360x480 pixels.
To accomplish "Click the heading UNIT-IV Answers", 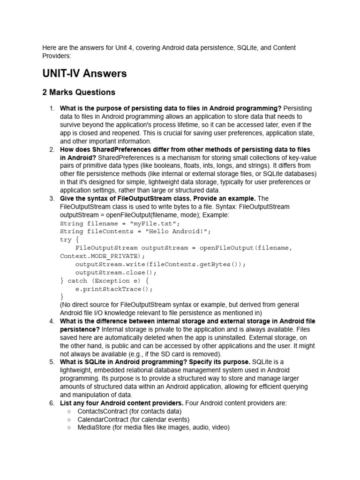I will (84, 74).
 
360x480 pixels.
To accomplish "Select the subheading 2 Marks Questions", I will (79, 92).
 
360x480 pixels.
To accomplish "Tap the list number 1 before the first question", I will (52, 108).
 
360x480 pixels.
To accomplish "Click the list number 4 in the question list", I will (52, 321).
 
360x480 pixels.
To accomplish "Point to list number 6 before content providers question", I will (52, 403).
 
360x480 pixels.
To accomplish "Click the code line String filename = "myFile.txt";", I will (120, 224).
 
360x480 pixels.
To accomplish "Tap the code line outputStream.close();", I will (116, 272).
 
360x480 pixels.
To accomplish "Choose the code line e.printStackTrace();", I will (114, 289).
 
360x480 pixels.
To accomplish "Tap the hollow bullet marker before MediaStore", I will (69, 427).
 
